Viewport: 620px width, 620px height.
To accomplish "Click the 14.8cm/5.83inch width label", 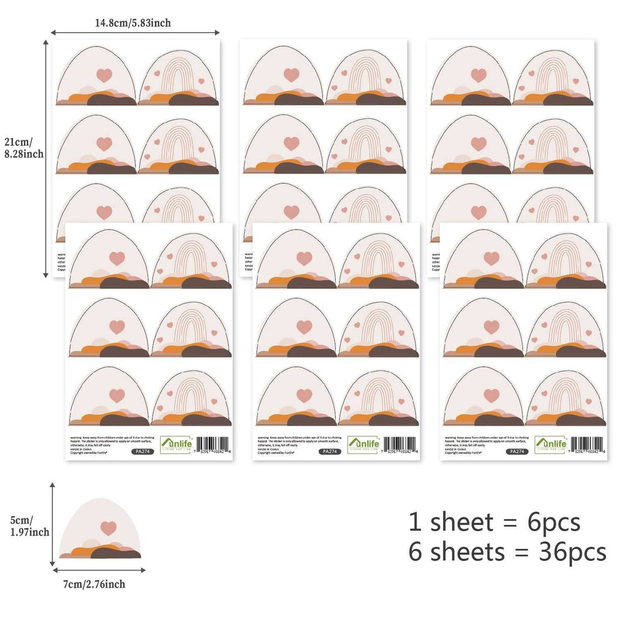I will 133,23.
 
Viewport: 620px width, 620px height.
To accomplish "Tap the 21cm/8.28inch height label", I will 24,148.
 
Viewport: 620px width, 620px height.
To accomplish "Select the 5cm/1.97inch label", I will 30,526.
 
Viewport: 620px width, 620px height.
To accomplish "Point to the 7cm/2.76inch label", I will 94,584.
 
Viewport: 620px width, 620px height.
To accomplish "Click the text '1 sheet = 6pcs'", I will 494,522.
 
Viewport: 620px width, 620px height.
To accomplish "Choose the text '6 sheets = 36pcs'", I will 507,552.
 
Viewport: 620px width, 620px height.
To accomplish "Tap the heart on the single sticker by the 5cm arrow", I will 108,528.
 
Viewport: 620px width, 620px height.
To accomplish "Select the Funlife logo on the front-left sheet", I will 176,444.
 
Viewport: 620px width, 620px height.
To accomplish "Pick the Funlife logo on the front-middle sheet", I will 364,444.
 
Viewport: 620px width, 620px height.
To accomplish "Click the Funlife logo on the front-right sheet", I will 551,444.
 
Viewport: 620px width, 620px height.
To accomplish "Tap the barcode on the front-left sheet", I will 213,444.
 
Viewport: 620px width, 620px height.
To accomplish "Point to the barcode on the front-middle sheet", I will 401,444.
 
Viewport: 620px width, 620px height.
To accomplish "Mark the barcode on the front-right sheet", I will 588,444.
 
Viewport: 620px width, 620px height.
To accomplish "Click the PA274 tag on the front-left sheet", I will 143,451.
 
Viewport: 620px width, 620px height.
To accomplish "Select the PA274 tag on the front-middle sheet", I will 330,451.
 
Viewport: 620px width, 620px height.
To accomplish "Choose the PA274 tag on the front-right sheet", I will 517,451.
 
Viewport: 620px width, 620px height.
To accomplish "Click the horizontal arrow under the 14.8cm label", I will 135,33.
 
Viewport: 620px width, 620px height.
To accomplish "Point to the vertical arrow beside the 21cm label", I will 46,158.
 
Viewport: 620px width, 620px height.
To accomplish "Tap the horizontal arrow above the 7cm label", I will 99,570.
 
